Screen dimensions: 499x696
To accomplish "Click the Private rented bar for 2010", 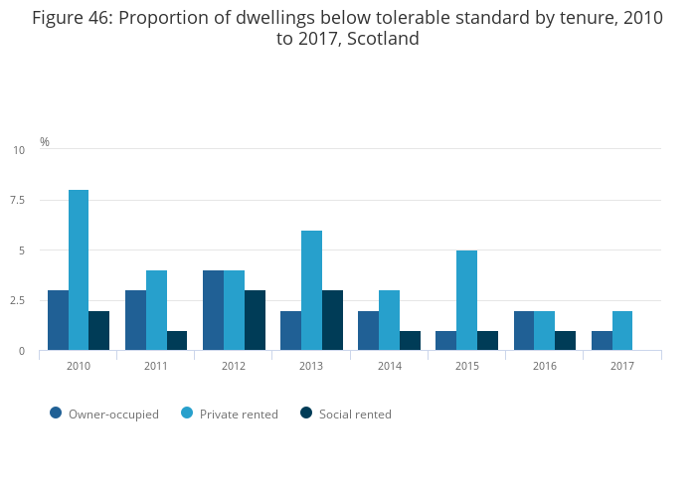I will click(x=79, y=269).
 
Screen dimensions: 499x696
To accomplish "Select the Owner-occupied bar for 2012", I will click(x=213, y=310).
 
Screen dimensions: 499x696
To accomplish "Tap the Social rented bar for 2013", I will click(x=332, y=320).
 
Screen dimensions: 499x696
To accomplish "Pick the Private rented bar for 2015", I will click(x=466, y=300).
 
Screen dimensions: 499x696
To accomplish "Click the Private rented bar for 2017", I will click(x=622, y=330).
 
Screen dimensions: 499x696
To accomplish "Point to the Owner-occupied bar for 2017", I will click(x=602, y=340).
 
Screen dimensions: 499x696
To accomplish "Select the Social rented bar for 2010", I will click(x=98, y=330).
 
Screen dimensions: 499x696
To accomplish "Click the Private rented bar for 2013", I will click(x=311, y=290).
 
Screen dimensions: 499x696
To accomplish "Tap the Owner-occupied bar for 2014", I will click(x=368, y=330).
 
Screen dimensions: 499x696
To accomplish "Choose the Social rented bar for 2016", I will click(x=565, y=340).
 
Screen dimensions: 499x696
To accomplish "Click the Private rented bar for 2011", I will click(x=156, y=310).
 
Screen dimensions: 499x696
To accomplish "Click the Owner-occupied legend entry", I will click(x=104, y=414).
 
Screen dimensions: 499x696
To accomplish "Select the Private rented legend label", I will click(x=239, y=414).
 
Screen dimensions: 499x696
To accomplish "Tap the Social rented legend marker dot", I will click(x=306, y=413).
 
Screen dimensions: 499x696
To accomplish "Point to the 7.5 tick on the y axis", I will click(x=18, y=200).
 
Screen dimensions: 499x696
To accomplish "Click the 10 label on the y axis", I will click(x=19, y=150).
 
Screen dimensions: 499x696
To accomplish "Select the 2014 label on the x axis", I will click(x=389, y=366).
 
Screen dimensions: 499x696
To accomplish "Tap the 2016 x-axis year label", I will click(x=544, y=366).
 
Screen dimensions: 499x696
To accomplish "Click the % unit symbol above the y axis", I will click(x=45, y=142).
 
